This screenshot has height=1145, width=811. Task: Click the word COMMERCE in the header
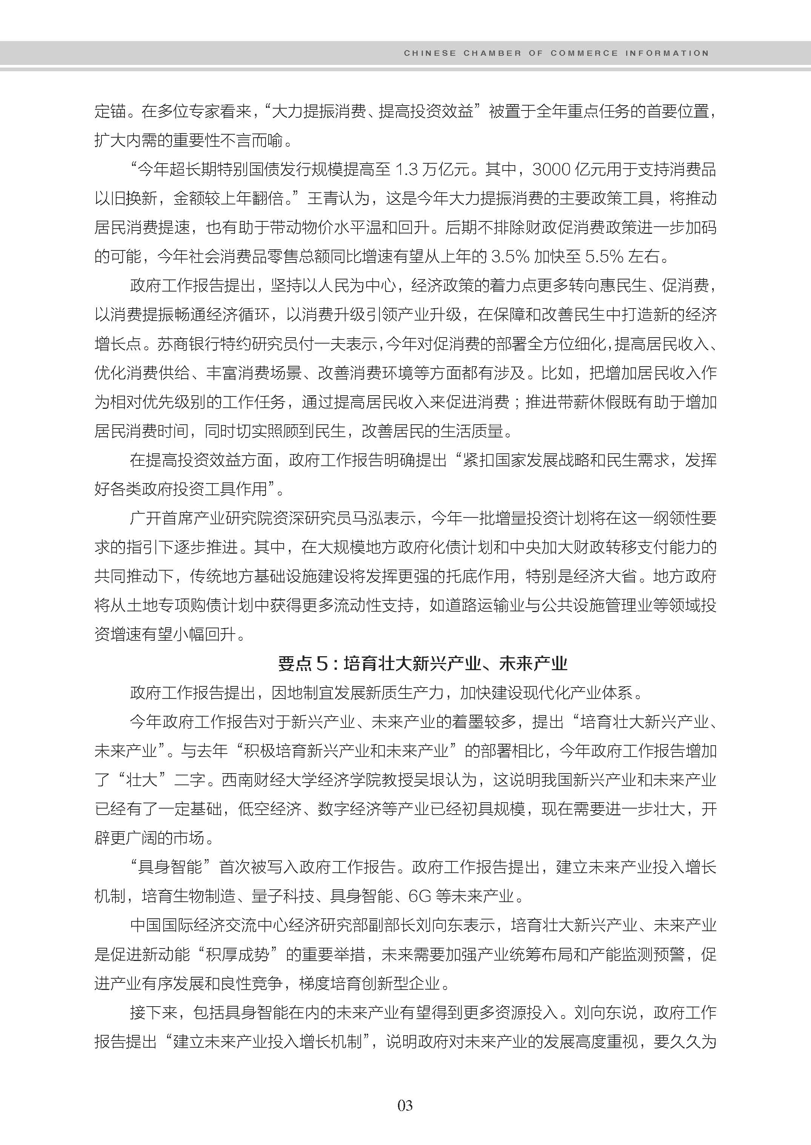(584, 53)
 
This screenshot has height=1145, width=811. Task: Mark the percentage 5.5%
(604, 257)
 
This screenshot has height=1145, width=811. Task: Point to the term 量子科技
(283, 896)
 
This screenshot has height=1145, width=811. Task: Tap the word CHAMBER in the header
(492, 53)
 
